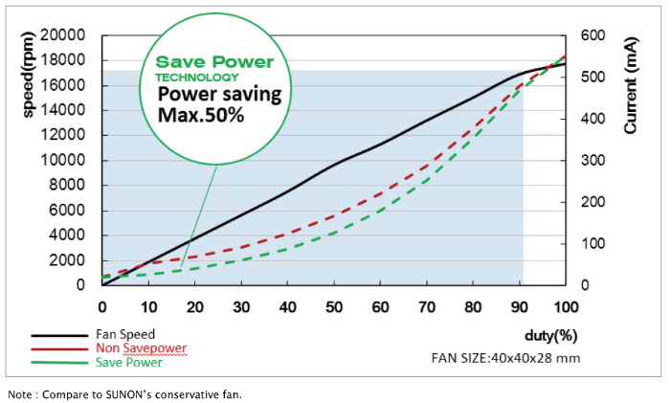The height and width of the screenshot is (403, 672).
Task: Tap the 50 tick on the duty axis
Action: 334,306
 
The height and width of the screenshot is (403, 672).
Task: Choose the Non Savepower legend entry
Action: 142,348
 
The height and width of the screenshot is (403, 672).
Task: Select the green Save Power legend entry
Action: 129,362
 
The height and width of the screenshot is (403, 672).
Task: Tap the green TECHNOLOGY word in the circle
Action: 197,78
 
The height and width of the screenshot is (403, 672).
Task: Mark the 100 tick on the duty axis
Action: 565,306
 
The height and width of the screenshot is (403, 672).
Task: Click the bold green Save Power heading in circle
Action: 215,62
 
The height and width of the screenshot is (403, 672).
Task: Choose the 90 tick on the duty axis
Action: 519,306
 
